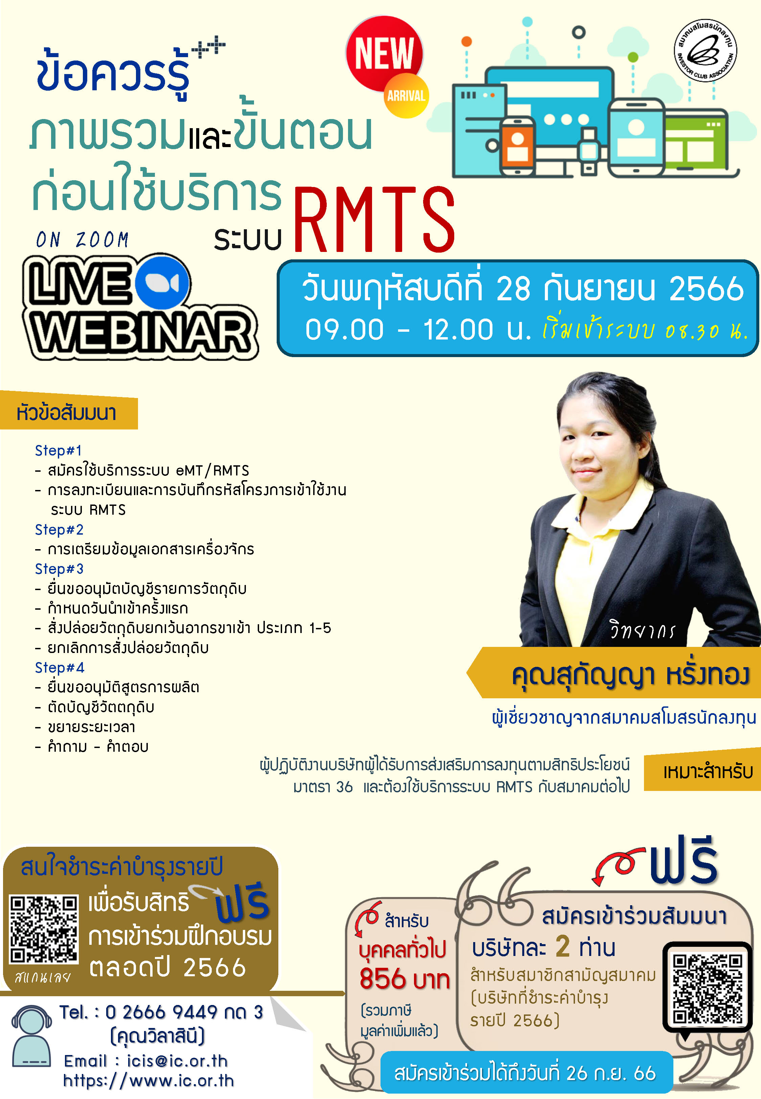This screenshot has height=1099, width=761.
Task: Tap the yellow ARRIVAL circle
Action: click(406, 95)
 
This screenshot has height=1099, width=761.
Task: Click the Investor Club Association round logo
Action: click(705, 50)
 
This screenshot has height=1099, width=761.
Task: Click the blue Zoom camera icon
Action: click(162, 283)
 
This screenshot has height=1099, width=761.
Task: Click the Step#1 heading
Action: click(58, 450)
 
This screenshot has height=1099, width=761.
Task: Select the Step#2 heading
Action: click(59, 530)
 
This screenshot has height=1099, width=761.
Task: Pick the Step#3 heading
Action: click(59, 568)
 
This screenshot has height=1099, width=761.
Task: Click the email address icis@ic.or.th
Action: click(177, 1061)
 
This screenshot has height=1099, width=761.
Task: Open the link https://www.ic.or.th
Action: click(148, 1080)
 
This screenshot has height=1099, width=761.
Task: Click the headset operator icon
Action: click(32, 1036)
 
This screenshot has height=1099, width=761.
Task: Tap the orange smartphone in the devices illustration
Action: click(517, 145)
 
